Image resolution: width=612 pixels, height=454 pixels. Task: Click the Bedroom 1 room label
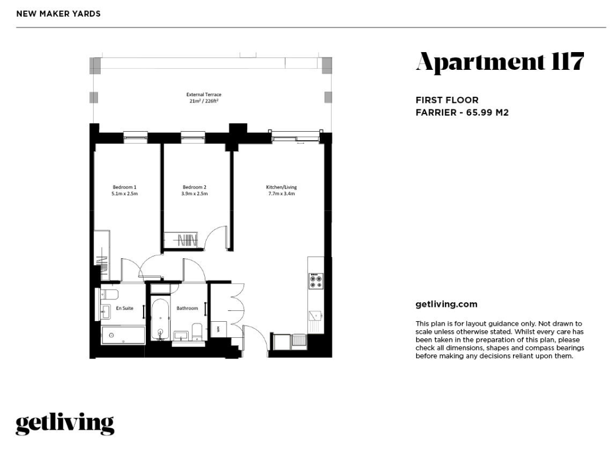[125, 187]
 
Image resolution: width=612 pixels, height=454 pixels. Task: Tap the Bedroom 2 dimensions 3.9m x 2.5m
[194, 194]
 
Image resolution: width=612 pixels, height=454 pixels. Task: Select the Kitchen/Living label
[281, 187]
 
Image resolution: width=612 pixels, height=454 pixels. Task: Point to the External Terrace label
[204, 94]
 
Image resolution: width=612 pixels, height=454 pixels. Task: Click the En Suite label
[125, 308]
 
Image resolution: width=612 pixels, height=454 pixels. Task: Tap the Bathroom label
[188, 308]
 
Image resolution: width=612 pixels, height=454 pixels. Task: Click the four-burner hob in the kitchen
[316, 281]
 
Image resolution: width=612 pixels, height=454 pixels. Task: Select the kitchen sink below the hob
[315, 315]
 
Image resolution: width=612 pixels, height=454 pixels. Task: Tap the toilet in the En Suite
[109, 294]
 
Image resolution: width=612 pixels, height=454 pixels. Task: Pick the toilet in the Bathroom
[197, 331]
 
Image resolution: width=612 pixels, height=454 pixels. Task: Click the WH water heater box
[216, 329]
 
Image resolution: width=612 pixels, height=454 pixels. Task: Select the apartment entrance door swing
[256, 339]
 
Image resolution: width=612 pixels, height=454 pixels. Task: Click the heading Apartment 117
[499, 62]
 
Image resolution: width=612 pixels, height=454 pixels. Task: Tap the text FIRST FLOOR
[447, 100]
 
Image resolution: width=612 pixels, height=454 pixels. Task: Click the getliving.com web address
[447, 305]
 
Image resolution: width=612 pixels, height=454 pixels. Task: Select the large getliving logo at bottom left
[65, 424]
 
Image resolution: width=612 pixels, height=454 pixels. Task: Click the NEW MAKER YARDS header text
[58, 14]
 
